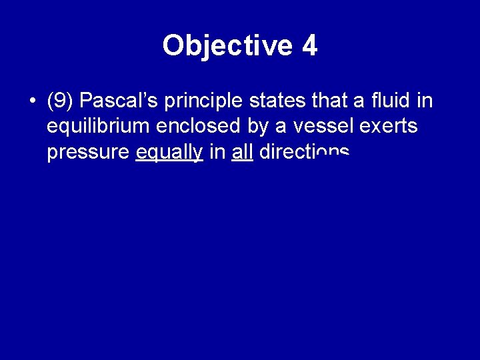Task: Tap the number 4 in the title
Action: pos(309,45)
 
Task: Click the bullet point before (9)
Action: pos(31,101)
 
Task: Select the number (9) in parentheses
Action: pos(61,101)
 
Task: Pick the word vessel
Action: pos(313,127)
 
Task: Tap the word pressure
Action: pos(88,153)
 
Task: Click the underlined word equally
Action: pos(169,153)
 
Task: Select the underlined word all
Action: pos(242,152)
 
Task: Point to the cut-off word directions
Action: pos(303,152)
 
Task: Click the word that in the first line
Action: pos(325,101)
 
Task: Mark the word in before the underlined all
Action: pos(217,152)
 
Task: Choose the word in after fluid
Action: pos(423,101)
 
